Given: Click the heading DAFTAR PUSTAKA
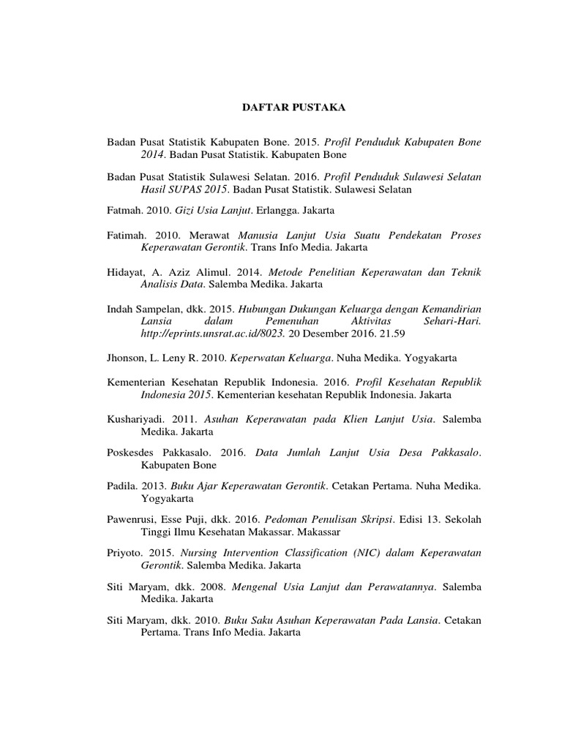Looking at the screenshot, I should coord(293,108).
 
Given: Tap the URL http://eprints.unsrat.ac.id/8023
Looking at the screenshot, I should coord(207,334).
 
